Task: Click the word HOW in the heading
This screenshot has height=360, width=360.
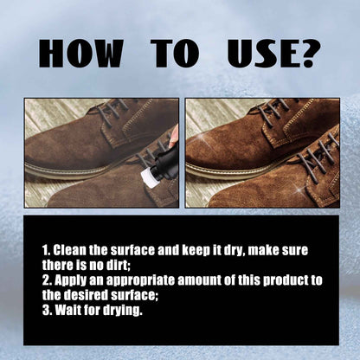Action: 81,54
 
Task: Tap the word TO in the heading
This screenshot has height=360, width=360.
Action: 175,54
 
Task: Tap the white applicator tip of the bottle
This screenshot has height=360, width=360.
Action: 147,176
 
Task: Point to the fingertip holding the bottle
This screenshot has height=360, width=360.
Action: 174,138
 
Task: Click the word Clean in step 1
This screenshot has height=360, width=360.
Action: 70,250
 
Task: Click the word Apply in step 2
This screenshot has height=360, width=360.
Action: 71,280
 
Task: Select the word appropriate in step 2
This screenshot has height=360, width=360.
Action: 140,281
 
